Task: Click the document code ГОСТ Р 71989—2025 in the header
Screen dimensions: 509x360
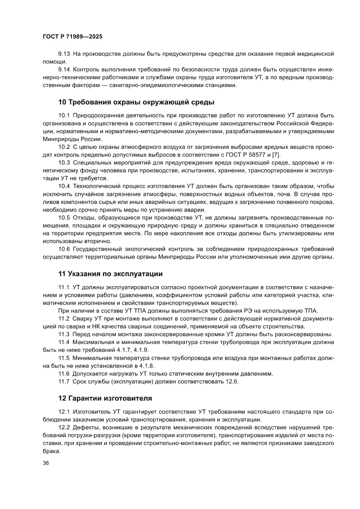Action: click(x=72, y=37)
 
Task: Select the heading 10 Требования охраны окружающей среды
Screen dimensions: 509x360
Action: click(x=136, y=102)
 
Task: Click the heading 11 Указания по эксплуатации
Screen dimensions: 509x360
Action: click(x=111, y=274)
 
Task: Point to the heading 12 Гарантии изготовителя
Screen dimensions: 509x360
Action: click(x=105, y=398)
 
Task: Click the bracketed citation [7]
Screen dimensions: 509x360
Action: click(x=276, y=155)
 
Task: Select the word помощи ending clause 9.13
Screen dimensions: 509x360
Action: click(x=53, y=61)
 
